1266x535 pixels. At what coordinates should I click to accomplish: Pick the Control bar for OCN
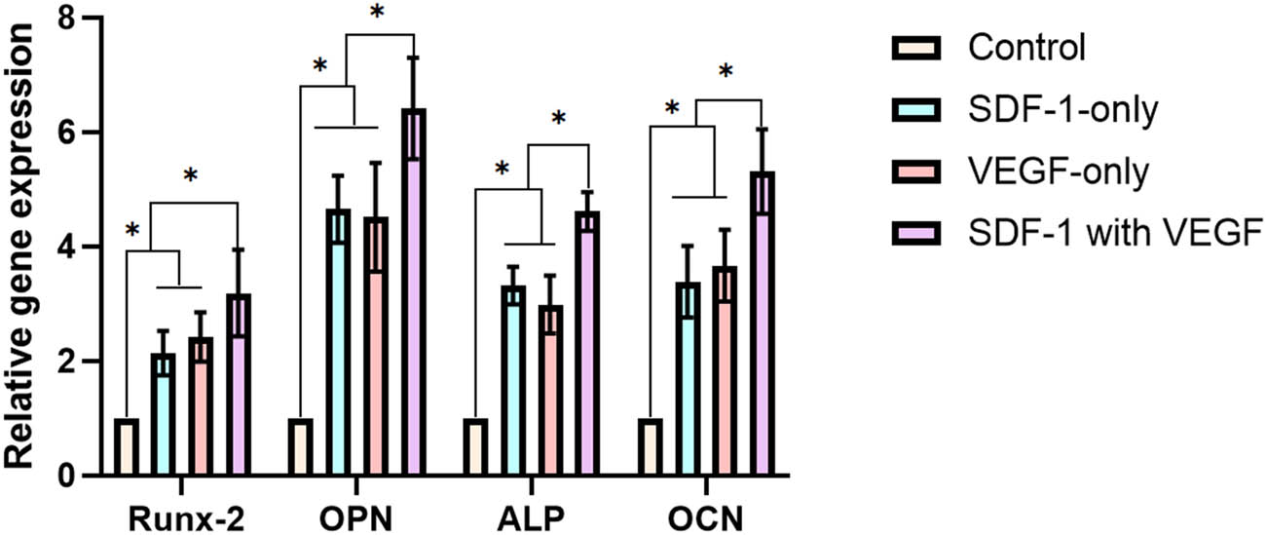point(650,447)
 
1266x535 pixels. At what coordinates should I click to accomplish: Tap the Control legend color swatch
point(916,47)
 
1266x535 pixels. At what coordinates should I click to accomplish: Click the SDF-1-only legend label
point(1063,109)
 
